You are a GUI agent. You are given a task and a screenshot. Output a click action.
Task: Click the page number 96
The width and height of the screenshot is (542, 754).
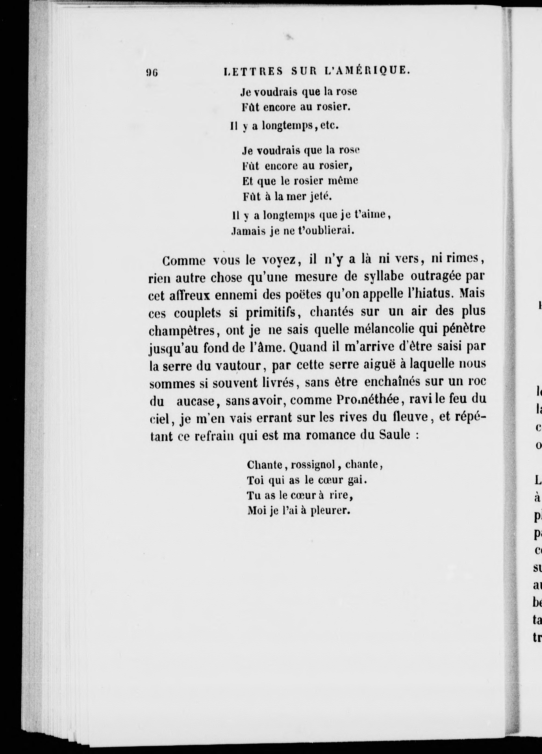[152, 72]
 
